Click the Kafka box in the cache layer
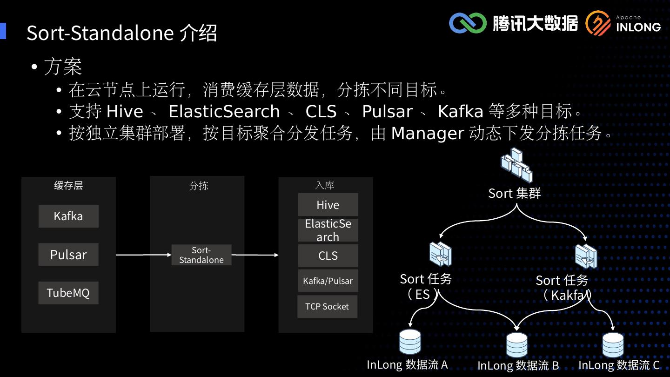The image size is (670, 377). [x=68, y=216]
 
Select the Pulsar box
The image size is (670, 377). [x=68, y=255]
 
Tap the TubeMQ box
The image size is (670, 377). [x=68, y=293]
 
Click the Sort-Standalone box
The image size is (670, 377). [x=201, y=255]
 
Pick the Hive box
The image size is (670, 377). [x=328, y=205]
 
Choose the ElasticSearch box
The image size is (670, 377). [x=328, y=230]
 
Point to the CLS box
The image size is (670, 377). [x=328, y=256]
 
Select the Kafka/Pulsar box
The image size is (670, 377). [x=328, y=281]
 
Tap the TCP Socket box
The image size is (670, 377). [x=327, y=306]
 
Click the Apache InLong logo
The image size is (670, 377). [x=623, y=23]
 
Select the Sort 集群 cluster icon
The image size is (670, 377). [x=516, y=165]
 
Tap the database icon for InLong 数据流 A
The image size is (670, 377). [x=410, y=342]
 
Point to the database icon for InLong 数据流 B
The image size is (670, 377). [x=516, y=344]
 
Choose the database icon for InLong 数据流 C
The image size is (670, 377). [x=613, y=344]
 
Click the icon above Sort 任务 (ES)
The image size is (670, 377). [x=440, y=254]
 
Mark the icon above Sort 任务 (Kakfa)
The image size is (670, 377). [x=586, y=256]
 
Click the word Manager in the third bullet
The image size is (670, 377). [x=427, y=134]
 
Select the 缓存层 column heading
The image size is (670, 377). [x=68, y=185]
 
